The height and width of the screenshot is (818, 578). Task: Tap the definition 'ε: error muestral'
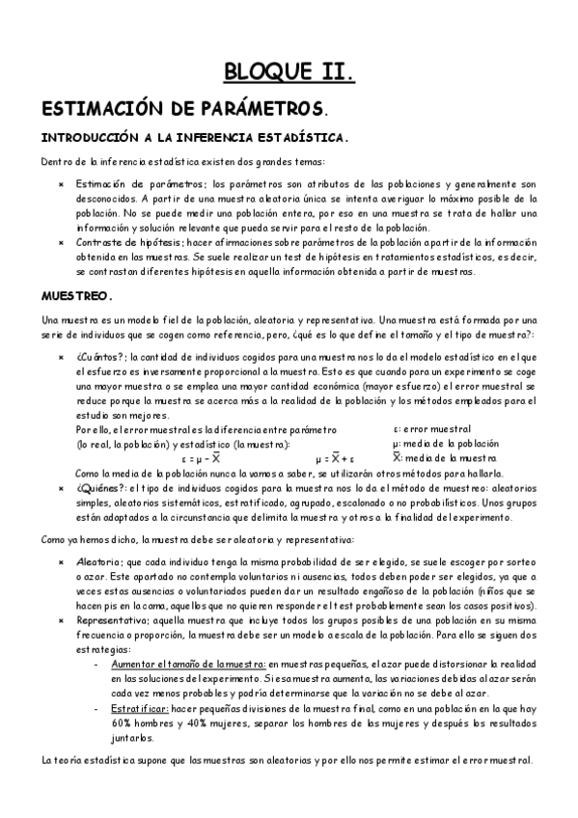[431, 428]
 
